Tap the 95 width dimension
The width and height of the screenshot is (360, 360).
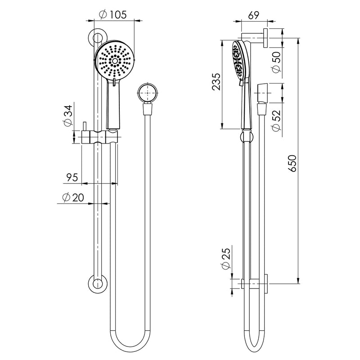(x=70, y=177)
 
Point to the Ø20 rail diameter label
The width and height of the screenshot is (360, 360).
(x=72, y=198)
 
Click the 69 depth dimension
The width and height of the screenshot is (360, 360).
(x=253, y=15)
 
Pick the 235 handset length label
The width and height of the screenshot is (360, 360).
(x=216, y=82)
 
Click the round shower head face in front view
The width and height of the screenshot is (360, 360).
(x=115, y=60)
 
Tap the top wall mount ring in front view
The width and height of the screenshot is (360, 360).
(x=96, y=37)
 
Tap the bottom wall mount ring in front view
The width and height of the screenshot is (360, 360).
(x=96, y=284)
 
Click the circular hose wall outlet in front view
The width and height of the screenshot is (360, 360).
(x=147, y=94)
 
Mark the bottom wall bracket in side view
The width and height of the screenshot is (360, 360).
(x=255, y=284)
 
